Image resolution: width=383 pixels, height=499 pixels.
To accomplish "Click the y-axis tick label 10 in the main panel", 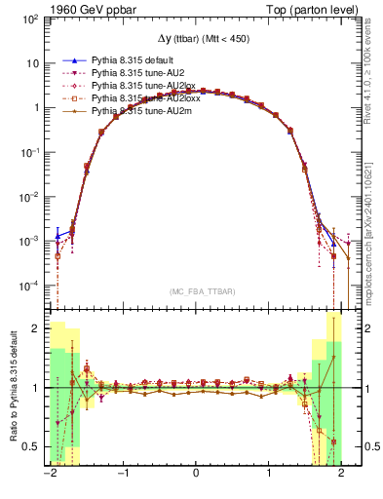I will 33,62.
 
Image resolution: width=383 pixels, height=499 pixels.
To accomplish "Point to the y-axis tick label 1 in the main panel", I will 36,107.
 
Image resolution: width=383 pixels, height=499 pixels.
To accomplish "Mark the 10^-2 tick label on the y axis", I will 30,196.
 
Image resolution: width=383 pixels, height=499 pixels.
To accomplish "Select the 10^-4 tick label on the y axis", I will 30,286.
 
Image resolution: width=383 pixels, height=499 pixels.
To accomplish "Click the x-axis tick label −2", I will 50,474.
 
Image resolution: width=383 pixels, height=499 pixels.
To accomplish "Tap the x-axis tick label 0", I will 196,474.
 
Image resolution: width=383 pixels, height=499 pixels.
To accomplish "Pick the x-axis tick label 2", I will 341,474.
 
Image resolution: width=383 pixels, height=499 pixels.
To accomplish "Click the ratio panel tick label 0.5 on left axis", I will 31,446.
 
